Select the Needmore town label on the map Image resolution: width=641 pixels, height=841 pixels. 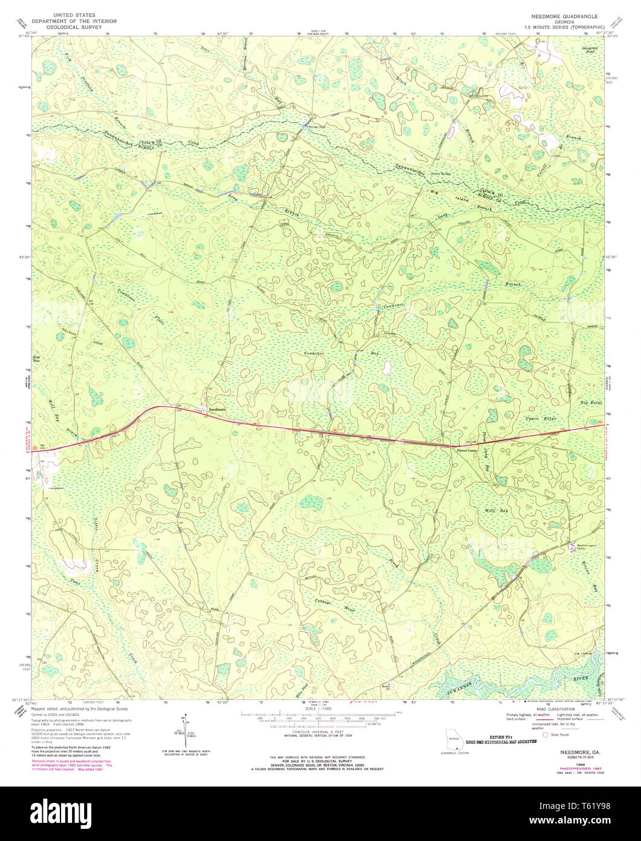tap(216, 410)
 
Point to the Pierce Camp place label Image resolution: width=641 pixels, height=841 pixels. tap(468, 451)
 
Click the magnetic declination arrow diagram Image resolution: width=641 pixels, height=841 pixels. tap(185, 729)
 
